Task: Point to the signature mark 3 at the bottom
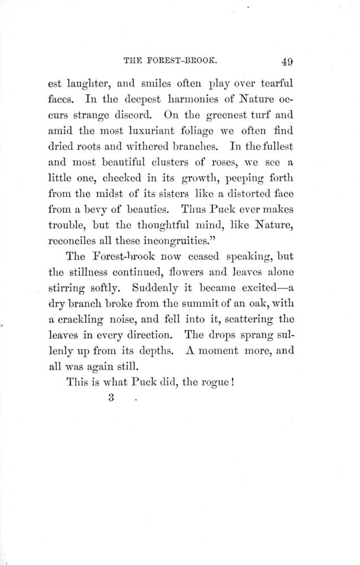click(111, 397)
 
